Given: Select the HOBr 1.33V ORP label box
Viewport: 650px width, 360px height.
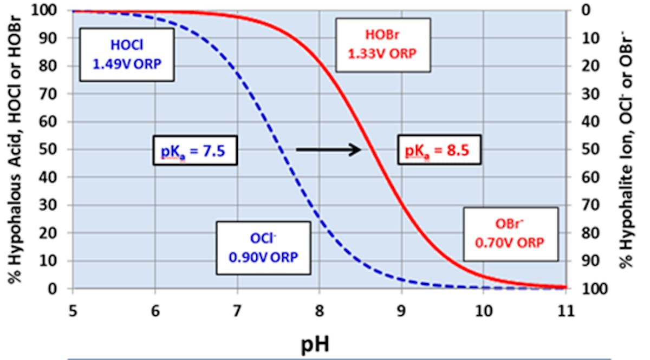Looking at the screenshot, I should (x=383, y=44).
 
